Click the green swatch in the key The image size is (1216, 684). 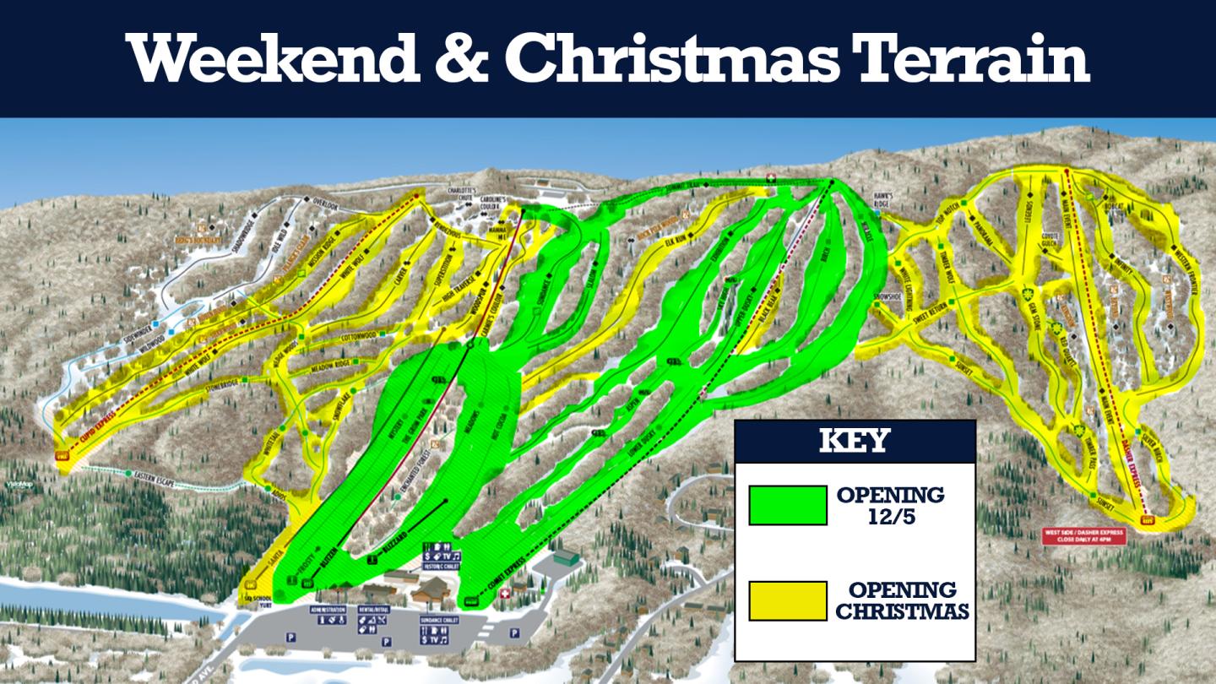tap(787, 505)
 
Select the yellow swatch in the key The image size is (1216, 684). tap(787, 600)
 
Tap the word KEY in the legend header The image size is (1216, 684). tap(855, 441)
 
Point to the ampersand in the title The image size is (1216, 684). tap(462, 57)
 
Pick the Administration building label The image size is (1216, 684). tap(328, 609)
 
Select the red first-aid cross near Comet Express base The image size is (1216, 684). tap(507, 594)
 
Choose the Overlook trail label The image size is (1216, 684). tap(324, 204)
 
